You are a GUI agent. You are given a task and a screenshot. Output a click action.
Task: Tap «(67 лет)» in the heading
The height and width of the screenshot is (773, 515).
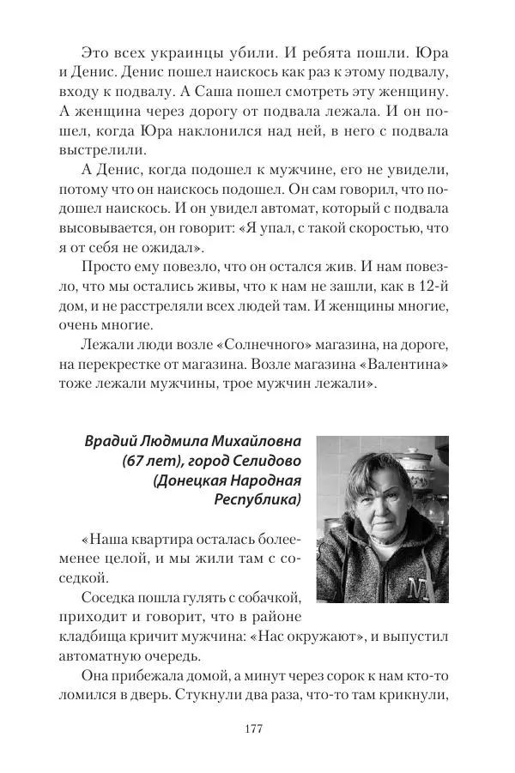click(x=154, y=462)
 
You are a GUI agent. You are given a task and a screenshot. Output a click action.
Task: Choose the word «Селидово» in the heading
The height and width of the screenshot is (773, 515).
click(x=266, y=462)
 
